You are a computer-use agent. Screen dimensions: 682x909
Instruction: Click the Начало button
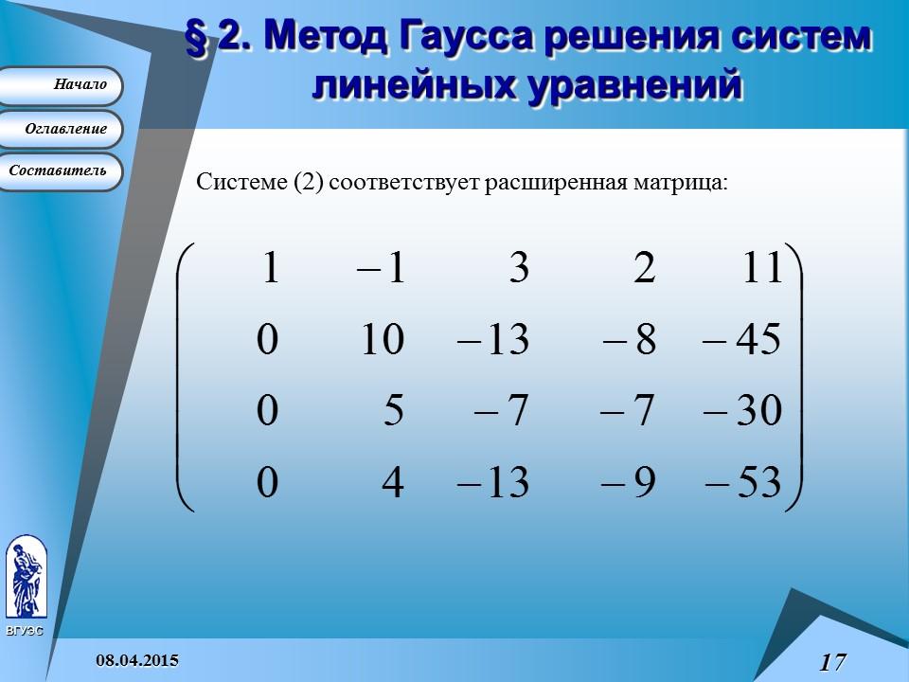coord(62,85)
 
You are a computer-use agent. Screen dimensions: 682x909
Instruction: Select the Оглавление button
coord(62,129)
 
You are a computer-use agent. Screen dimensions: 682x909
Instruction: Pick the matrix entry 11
coord(761,268)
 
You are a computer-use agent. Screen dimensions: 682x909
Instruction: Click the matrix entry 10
coord(383,340)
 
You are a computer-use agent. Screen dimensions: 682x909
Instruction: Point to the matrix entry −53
coord(743,484)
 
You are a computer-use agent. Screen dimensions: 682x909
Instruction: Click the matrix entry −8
coord(629,340)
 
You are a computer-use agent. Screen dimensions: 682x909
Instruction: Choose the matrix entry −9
coord(629,484)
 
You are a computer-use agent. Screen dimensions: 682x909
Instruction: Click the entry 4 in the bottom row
coord(392,484)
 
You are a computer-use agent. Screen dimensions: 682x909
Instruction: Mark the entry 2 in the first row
coord(644,268)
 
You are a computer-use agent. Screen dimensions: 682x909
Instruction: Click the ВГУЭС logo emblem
coord(26,578)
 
